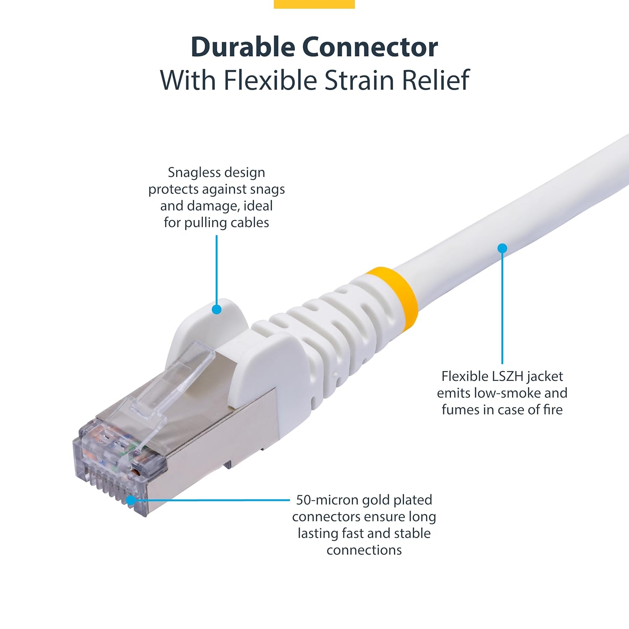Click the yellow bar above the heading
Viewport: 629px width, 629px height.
(314, 4)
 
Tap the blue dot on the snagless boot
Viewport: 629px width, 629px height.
(216, 309)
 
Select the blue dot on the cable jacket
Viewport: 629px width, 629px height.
(502, 248)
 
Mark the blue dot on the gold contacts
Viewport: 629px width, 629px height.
(131, 500)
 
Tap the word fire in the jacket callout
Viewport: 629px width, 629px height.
(553, 410)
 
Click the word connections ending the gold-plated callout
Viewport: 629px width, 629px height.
(364, 550)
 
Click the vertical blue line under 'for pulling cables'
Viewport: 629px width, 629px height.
(216, 268)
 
